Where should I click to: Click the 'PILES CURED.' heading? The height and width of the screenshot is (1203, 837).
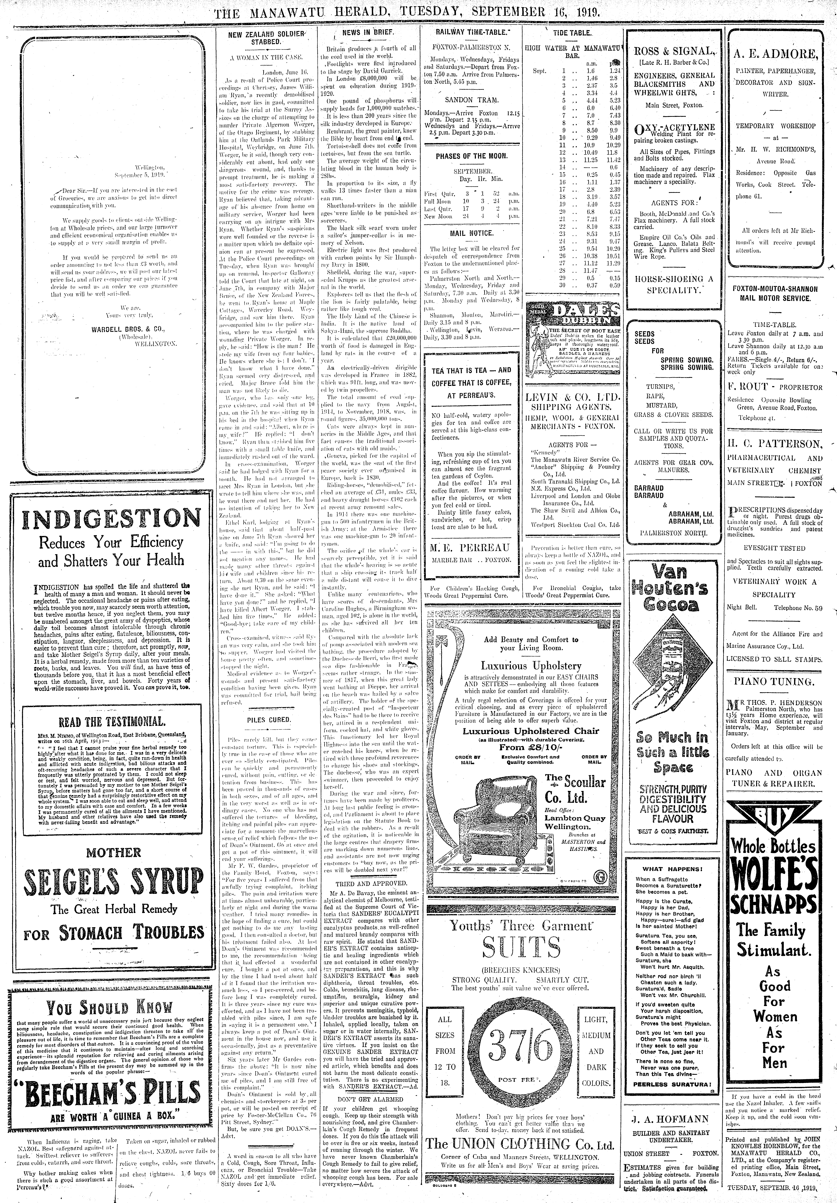pos(268,719)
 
